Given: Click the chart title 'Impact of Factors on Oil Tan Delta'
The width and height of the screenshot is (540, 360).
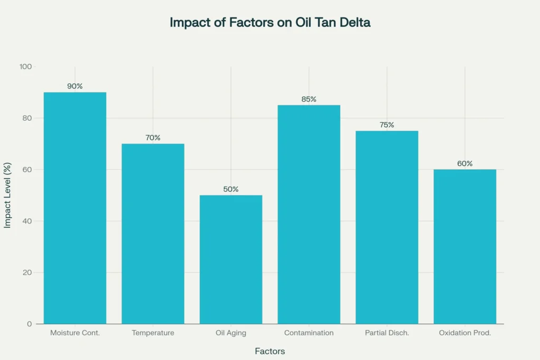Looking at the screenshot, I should pyautogui.click(x=269, y=23).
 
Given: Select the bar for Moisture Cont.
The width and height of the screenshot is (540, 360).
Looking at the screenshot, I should pyautogui.click(x=75, y=208).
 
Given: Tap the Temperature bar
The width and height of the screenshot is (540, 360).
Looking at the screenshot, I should pyautogui.click(x=153, y=234).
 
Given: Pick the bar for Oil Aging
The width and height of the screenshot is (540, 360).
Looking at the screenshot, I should pyautogui.click(x=231, y=259).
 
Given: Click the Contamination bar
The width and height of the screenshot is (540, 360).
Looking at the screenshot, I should pyautogui.click(x=309, y=215).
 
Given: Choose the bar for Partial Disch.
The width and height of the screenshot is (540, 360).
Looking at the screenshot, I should pyautogui.click(x=387, y=227).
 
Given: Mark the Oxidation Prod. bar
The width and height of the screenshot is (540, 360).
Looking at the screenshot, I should pyautogui.click(x=465, y=247).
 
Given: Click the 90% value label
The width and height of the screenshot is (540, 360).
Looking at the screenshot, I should pyautogui.click(x=75, y=86).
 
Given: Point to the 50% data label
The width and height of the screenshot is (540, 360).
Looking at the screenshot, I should pyautogui.click(x=231, y=189).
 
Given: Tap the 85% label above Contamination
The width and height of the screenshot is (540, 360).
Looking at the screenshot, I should pyautogui.click(x=309, y=99).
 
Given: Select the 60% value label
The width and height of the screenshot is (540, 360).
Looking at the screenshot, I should pyautogui.click(x=465, y=163).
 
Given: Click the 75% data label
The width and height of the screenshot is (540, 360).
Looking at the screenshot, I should pyautogui.click(x=387, y=125).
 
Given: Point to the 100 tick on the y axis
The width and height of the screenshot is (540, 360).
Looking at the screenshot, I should pyautogui.click(x=26, y=67).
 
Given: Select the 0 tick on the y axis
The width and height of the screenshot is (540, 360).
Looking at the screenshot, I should pyautogui.click(x=30, y=324).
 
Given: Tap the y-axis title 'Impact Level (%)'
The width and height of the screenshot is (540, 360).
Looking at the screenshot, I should pyautogui.click(x=7, y=195).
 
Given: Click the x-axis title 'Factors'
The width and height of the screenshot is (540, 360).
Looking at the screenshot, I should pyautogui.click(x=269, y=351).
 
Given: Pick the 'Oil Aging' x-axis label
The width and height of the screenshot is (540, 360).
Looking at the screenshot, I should pyautogui.click(x=231, y=333).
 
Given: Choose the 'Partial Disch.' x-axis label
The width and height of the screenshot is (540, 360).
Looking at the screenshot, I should pyautogui.click(x=387, y=333).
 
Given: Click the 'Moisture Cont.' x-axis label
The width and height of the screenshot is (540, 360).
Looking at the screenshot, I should pyautogui.click(x=75, y=333).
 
